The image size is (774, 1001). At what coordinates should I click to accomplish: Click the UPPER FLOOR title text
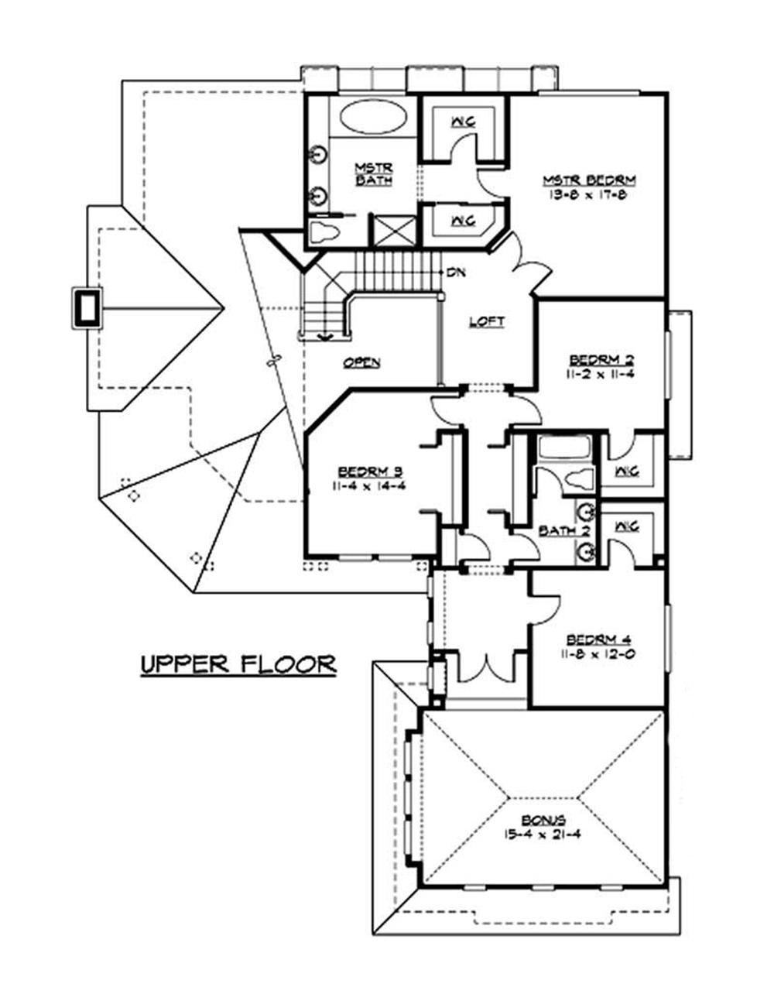click(x=238, y=664)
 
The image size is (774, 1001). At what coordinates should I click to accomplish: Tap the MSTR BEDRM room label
click(x=588, y=180)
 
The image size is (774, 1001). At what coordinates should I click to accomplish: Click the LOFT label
click(x=487, y=321)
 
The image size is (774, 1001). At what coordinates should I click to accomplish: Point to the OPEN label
click(x=361, y=362)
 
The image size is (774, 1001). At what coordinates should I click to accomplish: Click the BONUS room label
click(x=542, y=820)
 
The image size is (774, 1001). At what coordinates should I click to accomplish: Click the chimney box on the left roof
click(x=86, y=307)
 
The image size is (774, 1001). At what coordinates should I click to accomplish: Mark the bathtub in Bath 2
click(x=563, y=447)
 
